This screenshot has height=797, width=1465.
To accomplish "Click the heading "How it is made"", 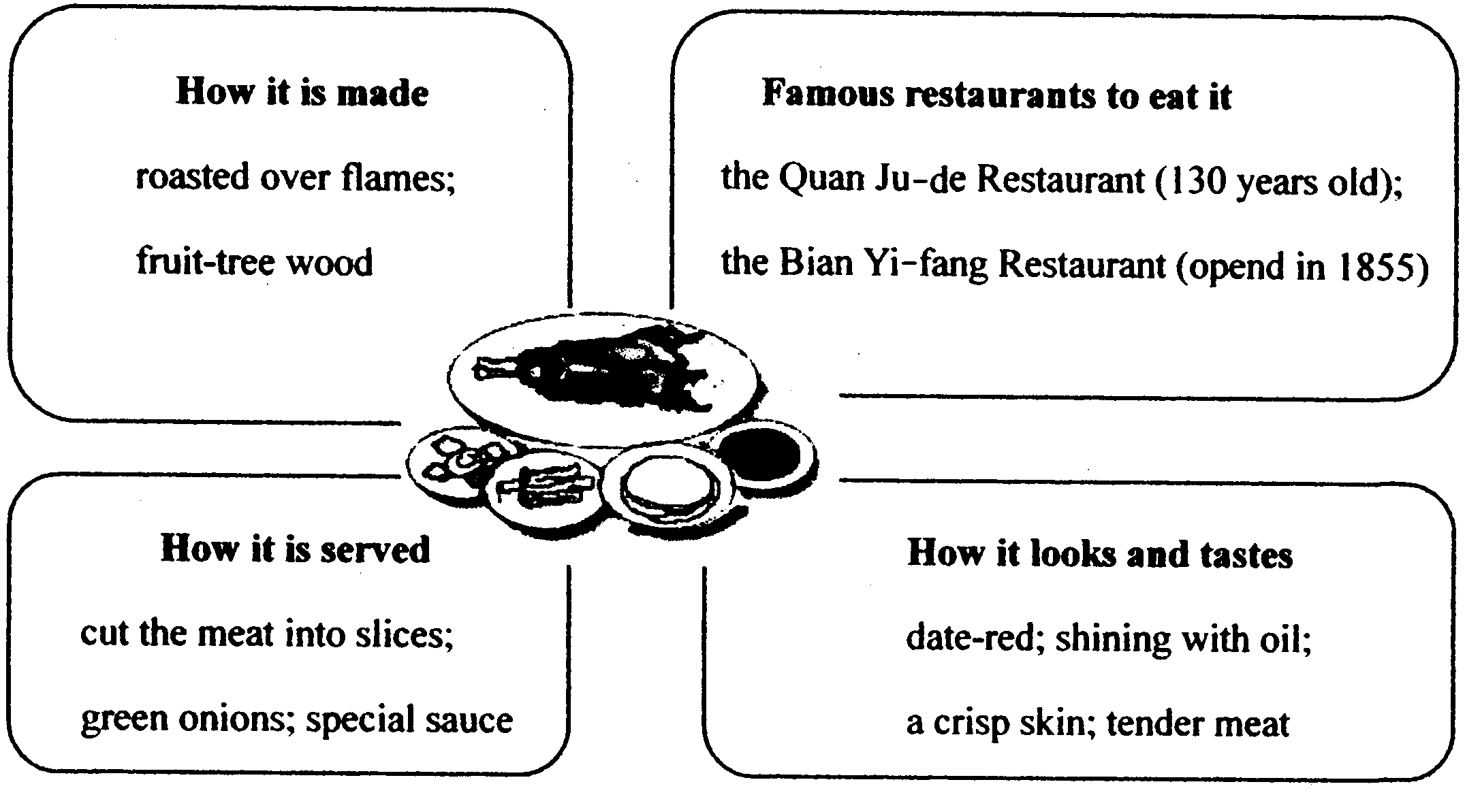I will [302, 93].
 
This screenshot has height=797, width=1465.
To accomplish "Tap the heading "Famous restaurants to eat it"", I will [996, 95].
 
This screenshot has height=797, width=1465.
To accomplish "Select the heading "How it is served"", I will [296, 549].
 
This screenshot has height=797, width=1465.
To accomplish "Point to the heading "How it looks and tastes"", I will [1099, 554].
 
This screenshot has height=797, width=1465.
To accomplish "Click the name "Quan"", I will [808, 180].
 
